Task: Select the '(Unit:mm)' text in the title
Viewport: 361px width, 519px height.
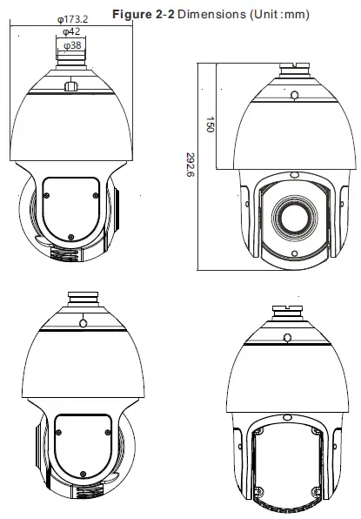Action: tap(277, 14)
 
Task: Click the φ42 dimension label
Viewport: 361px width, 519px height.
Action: tap(72, 30)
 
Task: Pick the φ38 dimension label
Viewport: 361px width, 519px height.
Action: tap(72, 44)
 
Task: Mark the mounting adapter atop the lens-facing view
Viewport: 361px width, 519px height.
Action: tap(292, 67)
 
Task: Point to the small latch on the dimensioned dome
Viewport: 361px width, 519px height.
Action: tap(71, 85)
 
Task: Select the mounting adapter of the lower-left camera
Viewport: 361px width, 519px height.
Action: tap(82, 297)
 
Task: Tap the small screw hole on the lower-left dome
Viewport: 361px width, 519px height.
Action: tap(82, 322)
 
